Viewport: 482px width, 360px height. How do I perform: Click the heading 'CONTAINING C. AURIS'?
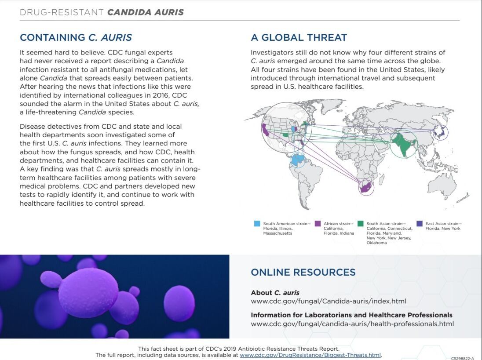pyautogui.click(x=76, y=38)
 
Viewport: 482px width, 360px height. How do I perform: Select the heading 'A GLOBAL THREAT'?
pyautogui.click(x=299, y=38)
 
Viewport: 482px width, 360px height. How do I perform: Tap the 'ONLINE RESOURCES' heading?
pyautogui.click(x=303, y=272)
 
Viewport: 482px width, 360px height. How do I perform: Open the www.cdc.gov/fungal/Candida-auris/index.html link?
pyautogui.click(x=328, y=301)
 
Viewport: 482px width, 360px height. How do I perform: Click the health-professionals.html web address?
pyautogui.click(x=352, y=324)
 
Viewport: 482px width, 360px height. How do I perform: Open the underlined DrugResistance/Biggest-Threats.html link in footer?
pyautogui.click(x=310, y=355)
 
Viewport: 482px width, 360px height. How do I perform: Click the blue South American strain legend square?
pyautogui.click(x=257, y=224)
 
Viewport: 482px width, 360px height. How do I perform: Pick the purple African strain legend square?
pyautogui.click(x=318, y=224)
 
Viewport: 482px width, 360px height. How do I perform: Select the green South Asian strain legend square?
pyautogui.click(x=361, y=224)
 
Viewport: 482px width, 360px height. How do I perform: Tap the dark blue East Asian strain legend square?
pyautogui.click(x=420, y=224)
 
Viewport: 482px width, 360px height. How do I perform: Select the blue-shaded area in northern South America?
pyautogui.click(x=298, y=159)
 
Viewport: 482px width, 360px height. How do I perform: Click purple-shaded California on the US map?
pyautogui.click(x=266, y=130)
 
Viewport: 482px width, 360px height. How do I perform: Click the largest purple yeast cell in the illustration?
pyautogui.click(x=88, y=292)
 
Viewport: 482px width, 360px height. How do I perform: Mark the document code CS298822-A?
pyautogui.click(x=462, y=358)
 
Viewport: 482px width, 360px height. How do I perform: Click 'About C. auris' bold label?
pyautogui.click(x=275, y=293)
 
